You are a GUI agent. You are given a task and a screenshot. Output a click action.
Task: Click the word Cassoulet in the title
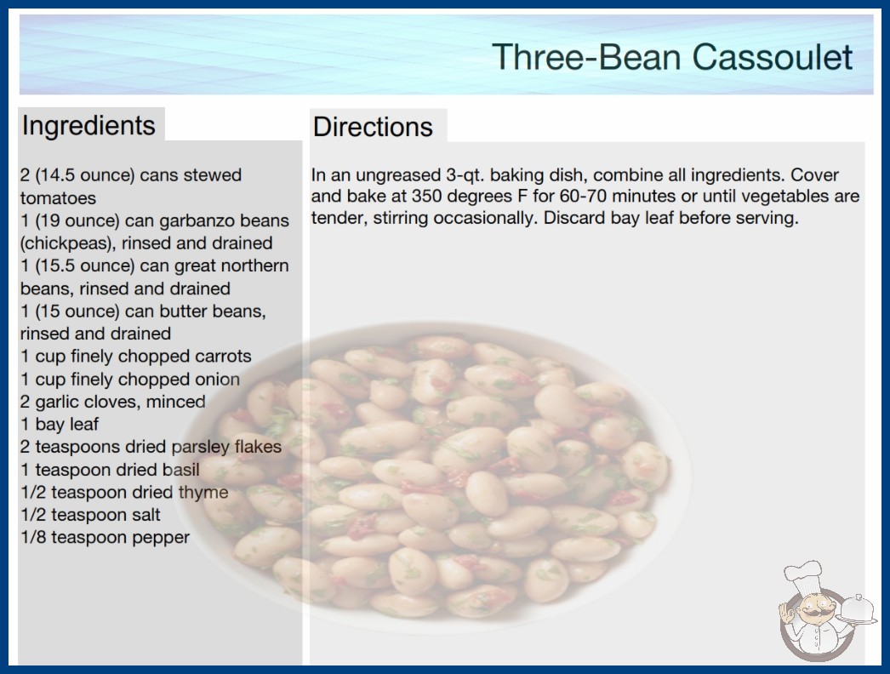point(772,57)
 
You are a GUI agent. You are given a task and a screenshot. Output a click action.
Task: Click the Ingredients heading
point(88,126)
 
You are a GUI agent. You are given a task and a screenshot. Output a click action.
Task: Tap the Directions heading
point(373,127)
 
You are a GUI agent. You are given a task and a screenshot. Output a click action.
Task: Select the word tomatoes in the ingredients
point(59,198)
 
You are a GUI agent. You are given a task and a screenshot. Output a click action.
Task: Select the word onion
point(217,380)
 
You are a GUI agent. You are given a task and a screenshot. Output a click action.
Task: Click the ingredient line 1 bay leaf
point(60,424)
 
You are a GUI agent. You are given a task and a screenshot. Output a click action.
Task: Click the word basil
point(180,470)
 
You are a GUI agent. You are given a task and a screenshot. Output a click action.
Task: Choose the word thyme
point(203,492)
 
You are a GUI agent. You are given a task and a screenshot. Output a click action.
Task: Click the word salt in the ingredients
point(145,515)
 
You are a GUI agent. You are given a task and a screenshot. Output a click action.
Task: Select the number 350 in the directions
point(428,197)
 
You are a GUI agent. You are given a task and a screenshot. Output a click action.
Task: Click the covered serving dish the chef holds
point(857,610)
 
